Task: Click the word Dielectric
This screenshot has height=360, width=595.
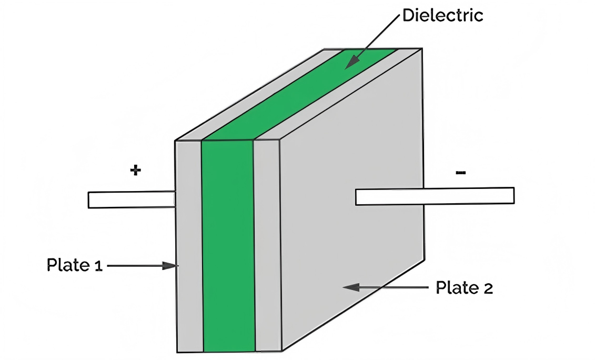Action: (x=442, y=16)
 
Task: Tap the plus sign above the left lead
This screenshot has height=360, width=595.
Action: (x=136, y=170)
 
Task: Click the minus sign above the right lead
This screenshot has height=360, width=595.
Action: (x=461, y=173)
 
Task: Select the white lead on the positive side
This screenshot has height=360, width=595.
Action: (x=132, y=200)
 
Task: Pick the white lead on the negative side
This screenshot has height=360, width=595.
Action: (x=435, y=196)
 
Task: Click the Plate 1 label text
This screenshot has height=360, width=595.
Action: (x=74, y=265)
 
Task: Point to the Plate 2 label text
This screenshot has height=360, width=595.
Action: (x=464, y=288)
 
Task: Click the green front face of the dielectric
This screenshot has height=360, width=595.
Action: (x=228, y=246)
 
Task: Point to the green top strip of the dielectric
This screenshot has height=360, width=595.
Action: (x=300, y=94)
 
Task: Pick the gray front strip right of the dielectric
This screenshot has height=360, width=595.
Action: (x=268, y=246)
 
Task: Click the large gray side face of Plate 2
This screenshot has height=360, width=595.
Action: (x=352, y=199)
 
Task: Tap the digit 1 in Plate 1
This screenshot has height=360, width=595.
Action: (x=98, y=266)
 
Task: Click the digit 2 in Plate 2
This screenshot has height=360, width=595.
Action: (x=488, y=288)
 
